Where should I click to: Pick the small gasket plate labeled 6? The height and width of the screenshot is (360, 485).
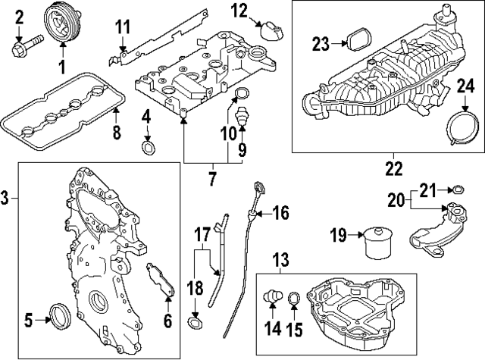point(161,280)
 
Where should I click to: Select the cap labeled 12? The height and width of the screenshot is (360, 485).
point(271,30)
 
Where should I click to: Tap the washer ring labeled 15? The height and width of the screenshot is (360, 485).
point(294,302)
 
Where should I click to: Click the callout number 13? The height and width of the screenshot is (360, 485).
point(282,261)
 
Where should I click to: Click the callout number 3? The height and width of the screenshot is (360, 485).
point(7,199)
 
